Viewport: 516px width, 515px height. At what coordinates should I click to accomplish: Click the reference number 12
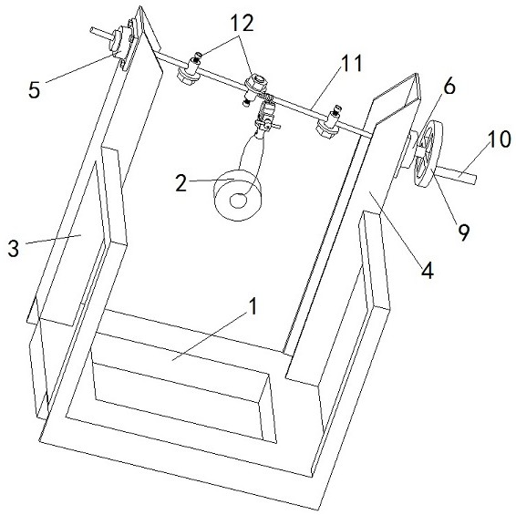[x=242, y=23]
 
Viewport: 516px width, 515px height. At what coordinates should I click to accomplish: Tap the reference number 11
[x=351, y=63]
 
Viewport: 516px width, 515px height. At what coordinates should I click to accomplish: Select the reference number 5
[x=35, y=90]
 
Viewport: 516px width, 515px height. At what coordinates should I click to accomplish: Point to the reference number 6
[x=449, y=87]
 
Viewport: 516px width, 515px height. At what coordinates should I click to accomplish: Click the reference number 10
[x=499, y=139]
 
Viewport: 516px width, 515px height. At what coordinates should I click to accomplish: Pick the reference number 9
[x=463, y=232]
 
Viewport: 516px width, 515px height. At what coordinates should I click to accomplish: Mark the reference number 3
[x=14, y=248]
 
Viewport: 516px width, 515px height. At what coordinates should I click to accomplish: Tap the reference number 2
[x=181, y=183]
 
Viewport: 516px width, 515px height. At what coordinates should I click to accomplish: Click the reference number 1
[x=253, y=306]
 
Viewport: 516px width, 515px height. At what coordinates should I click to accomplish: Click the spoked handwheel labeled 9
[x=428, y=154]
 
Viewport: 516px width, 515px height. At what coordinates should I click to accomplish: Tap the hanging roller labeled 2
[x=238, y=195]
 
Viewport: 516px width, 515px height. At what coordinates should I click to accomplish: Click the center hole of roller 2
[x=238, y=201]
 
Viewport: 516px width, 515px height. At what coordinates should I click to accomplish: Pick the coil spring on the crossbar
[x=267, y=98]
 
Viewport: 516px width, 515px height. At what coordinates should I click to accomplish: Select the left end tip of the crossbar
[x=91, y=30]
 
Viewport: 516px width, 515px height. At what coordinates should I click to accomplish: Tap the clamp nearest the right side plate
[x=329, y=124]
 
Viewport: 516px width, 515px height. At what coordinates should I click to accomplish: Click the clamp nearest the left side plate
[x=189, y=70]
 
